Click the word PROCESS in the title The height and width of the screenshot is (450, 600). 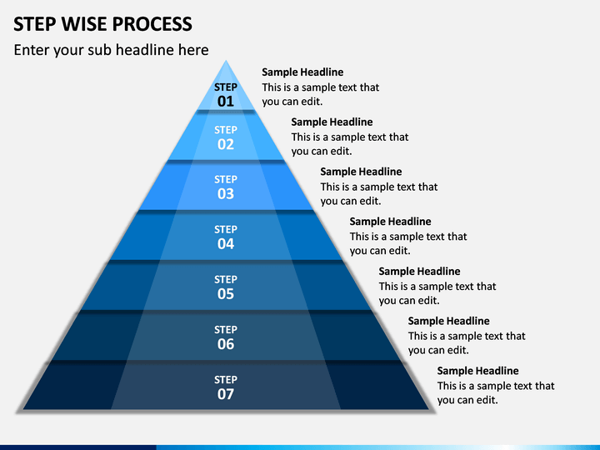click(152, 23)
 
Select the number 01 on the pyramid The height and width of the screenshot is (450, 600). click(225, 102)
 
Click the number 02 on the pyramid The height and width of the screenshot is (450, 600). click(225, 144)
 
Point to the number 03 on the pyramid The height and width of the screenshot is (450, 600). click(225, 194)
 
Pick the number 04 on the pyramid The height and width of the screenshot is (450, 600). click(225, 243)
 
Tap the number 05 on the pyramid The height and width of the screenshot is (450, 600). click(225, 294)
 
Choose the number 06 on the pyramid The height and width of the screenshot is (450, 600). click(225, 344)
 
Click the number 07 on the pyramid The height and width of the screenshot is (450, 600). click(225, 394)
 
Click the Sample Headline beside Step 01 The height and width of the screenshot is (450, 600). click(302, 72)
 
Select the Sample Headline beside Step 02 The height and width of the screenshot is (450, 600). click(332, 122)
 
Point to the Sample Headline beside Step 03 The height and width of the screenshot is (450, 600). click(361, 172)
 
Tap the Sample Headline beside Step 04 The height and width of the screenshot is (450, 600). click(390, 222)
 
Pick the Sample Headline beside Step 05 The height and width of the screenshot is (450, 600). click(419, 272)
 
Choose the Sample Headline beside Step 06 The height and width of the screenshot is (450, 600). click(448, 321)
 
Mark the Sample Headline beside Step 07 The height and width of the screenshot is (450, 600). click(478, 371)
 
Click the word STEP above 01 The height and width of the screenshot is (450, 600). click(225, 87)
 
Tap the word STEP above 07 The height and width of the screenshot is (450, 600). click(225, 380)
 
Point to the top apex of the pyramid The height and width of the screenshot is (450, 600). click(226, 61)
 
